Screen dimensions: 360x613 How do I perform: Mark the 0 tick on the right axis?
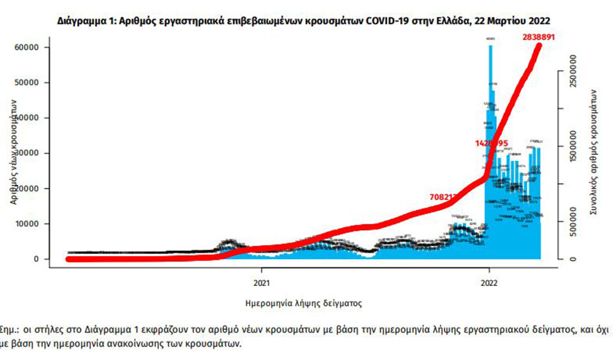click(574, 259)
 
